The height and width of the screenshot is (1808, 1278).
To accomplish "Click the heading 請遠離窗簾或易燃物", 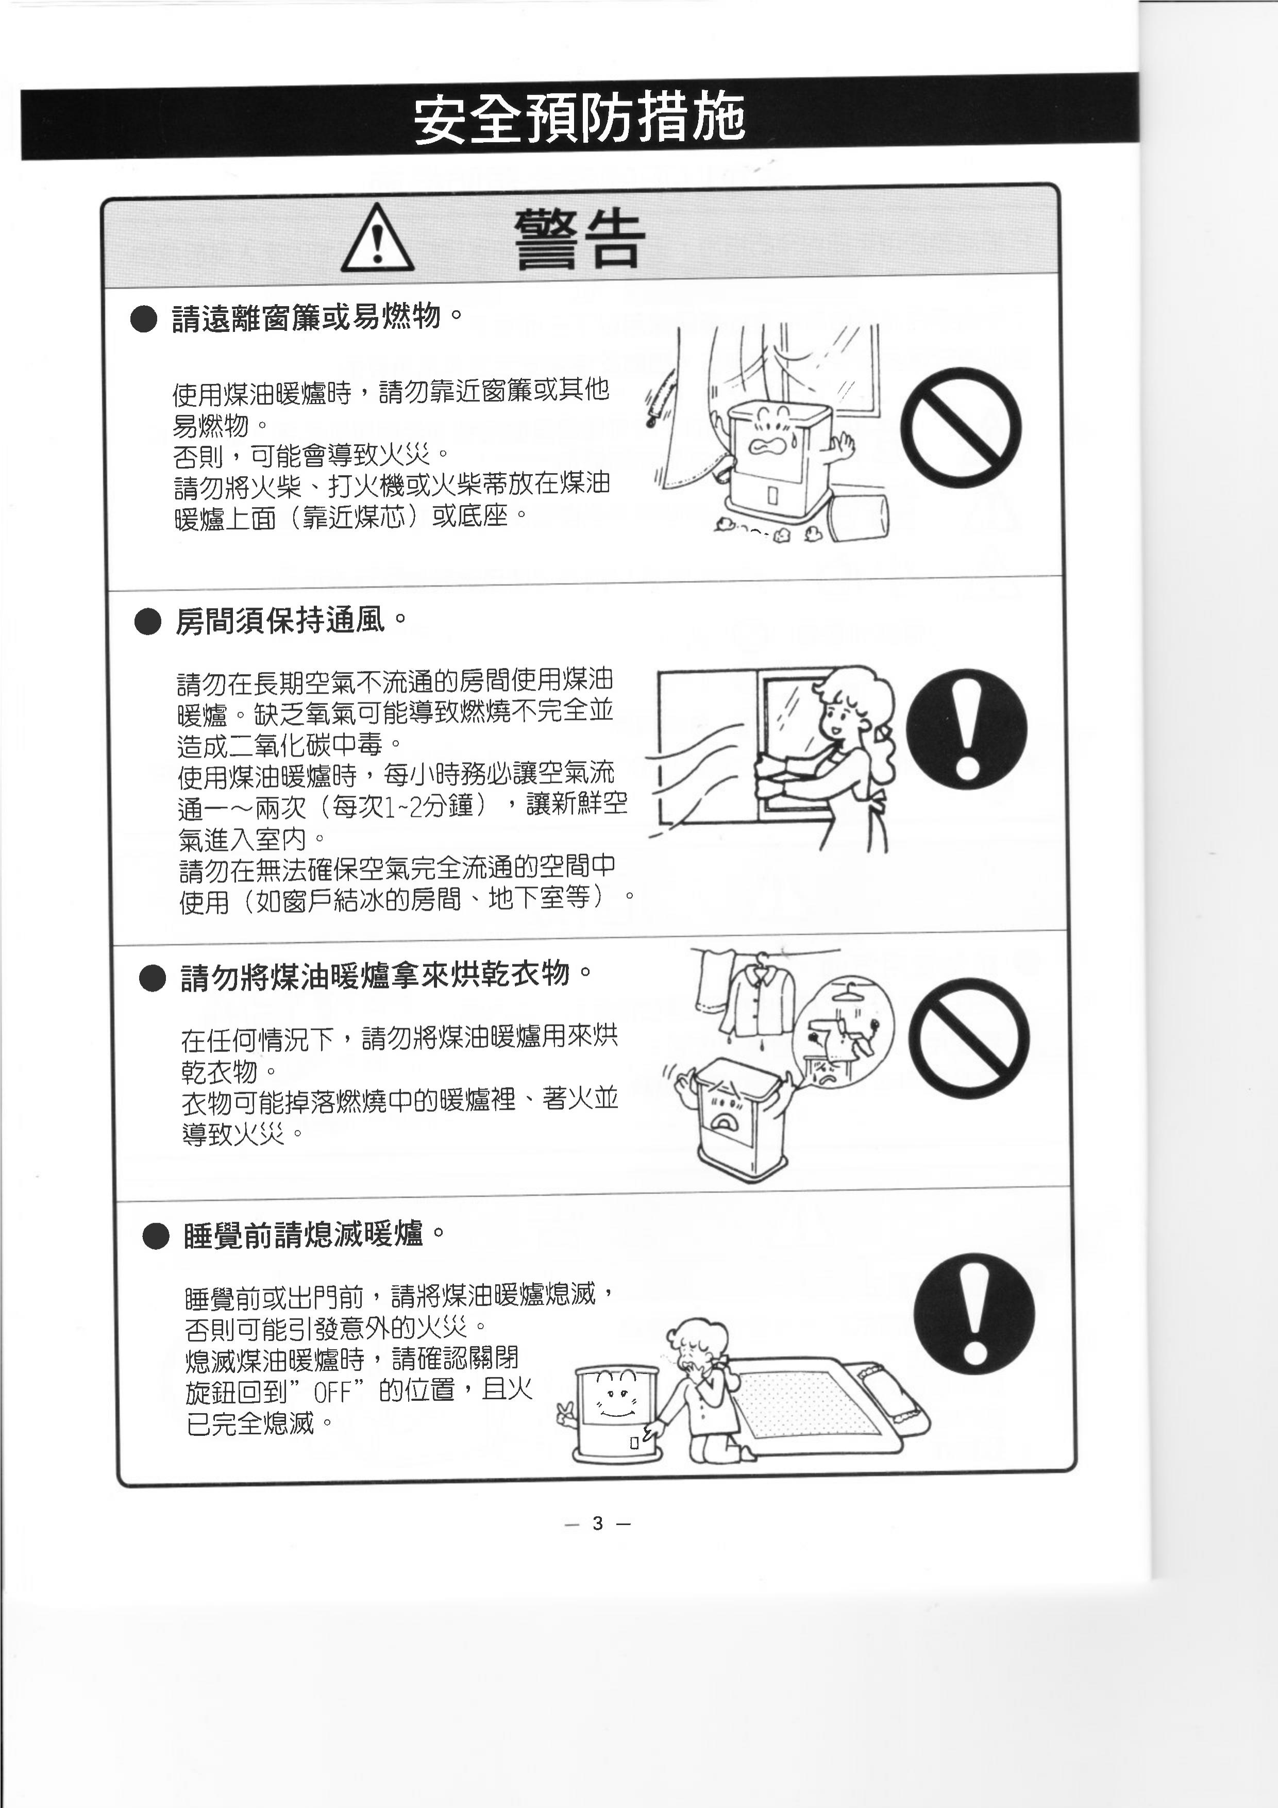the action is [x=306, y=318].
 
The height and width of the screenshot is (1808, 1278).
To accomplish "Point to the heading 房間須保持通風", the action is [x=279, y=621].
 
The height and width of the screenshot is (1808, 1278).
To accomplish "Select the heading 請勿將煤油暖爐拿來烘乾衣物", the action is [x=375, y=976].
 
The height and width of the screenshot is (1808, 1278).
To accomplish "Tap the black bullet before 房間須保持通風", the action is [x=147, y=622].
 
